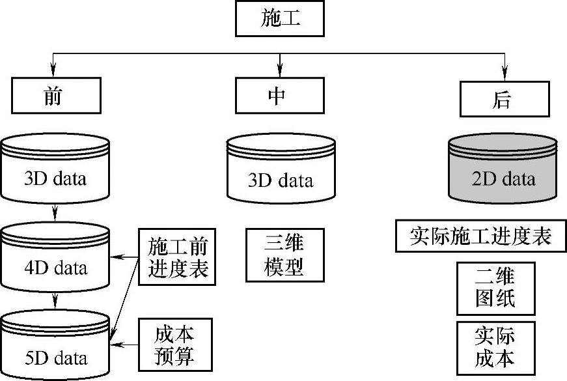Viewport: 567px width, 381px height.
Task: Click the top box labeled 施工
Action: (x=281, y=20)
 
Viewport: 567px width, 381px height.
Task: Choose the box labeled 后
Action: (x=503, y=100)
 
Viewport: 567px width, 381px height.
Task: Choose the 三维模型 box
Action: (x=285, y=255)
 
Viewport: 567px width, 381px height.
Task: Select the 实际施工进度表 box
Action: (x=480, y=236)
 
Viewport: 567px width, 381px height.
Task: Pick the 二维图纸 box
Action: (x=495, y=288)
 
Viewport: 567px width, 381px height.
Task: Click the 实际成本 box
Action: (x=495, y=347)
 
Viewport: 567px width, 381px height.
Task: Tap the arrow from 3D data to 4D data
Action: (x=55, y=212)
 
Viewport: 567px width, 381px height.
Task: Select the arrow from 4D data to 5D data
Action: (x=55, y=302)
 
